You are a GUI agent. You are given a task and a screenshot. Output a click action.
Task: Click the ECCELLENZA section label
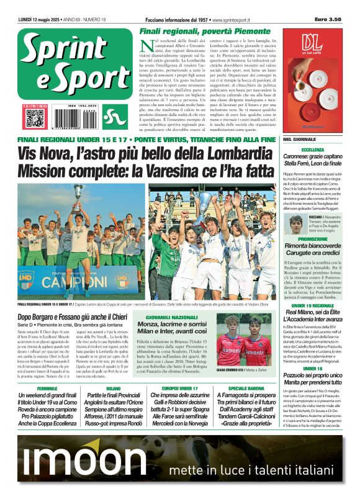tap(312, 150)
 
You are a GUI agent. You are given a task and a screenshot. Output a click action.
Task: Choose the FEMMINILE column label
tap(47, 388)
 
